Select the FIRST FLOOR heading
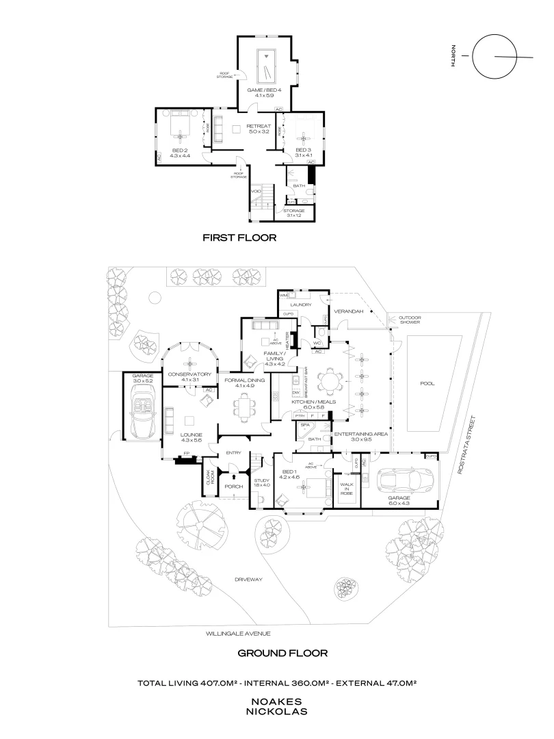coord(239,238)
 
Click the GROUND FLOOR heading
coord(282,653)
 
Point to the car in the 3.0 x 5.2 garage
coord(144,411)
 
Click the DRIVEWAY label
coord(245,579)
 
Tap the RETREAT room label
coord(259,127)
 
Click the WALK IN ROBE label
coord(345,489)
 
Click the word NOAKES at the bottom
coord(276,701)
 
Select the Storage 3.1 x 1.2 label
coord(295,213)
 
